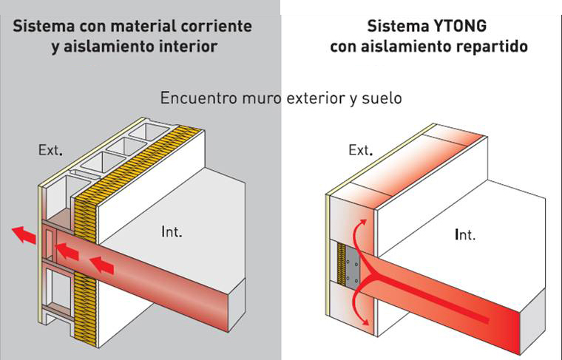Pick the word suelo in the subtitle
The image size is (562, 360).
point(382,98)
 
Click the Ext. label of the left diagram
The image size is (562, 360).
point(50,150)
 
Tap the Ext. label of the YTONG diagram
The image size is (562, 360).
point(359,151)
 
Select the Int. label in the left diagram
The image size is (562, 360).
point(172,232)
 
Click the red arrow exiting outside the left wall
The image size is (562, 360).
point(24,236)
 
